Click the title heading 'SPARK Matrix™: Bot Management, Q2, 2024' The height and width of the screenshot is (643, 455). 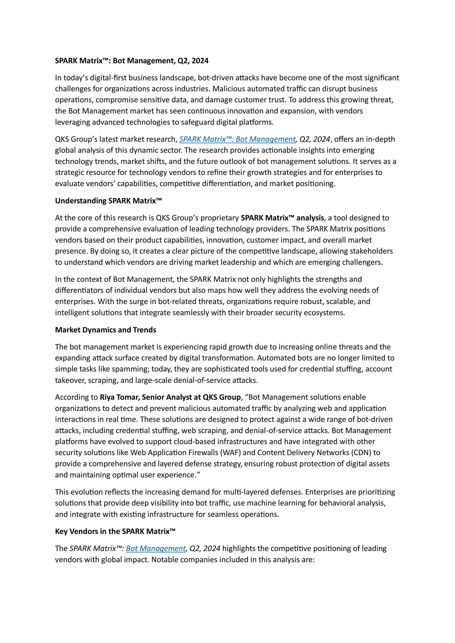coord(132,61)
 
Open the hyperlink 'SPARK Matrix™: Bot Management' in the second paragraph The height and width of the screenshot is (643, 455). coord(237,139)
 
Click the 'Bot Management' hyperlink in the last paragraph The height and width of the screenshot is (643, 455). coord(156,548)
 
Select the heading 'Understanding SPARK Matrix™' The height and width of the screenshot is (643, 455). coord(108,201)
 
